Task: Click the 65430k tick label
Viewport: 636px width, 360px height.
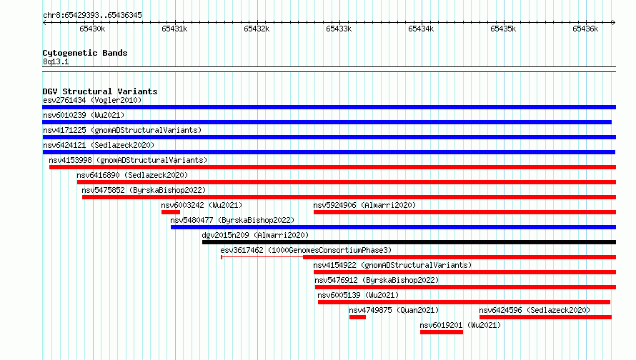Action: [92, 29]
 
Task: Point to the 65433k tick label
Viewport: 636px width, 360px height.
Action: [339, 29]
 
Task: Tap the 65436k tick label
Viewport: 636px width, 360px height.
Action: [585, 29]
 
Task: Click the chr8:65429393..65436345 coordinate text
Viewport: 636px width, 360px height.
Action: [92, 16]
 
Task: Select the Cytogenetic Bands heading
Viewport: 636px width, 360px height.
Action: [85, 53]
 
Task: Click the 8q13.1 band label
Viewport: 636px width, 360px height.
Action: [56, 61]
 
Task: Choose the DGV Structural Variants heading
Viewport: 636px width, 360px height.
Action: [100, 91]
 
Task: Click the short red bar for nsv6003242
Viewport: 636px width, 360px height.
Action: [171, 212]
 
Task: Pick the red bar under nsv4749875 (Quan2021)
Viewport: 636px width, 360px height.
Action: [357, 317]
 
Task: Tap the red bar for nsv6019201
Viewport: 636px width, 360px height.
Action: [442, 332]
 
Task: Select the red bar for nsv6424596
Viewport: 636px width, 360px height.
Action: [545, 317]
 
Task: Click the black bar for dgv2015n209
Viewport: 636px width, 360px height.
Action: [409, 242]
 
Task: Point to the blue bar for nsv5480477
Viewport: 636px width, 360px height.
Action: [393, 227]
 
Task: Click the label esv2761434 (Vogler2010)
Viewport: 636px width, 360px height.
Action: [92, 100]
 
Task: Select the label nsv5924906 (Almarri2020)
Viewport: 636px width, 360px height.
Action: [364, 205]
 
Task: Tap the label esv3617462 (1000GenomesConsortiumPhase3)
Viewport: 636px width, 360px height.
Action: [307, 250]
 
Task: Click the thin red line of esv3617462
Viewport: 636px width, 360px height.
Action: [262, 257]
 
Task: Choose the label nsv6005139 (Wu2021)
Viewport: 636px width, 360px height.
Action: [358, 295]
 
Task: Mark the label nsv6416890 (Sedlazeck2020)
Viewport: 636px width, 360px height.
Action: [132, 175]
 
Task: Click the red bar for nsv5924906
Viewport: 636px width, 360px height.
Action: [464, 212]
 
